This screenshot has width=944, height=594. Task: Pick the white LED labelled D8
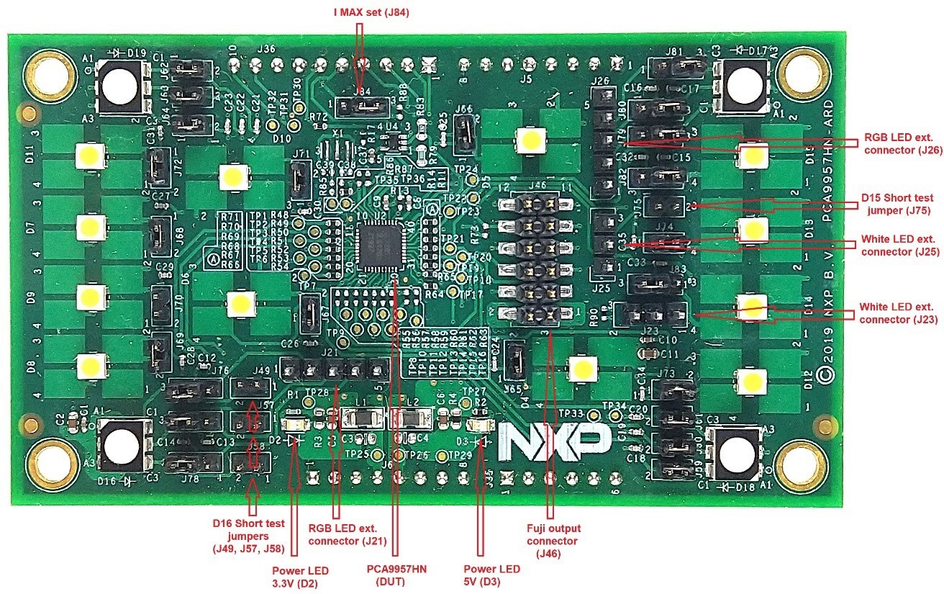point(90,365)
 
